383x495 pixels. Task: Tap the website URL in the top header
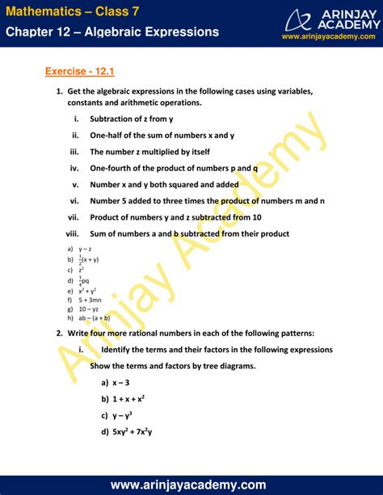pos(330,36)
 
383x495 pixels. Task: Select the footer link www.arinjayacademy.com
pos(191,485)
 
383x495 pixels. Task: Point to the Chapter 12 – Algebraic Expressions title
pos(112,31)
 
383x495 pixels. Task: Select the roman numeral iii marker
pos(74,151)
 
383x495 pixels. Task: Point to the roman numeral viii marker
pos(71,233)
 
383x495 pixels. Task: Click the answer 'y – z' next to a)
pos(85,249)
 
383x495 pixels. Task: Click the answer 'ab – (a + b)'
pos(95,318)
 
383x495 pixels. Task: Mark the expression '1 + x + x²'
pos(129,398)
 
